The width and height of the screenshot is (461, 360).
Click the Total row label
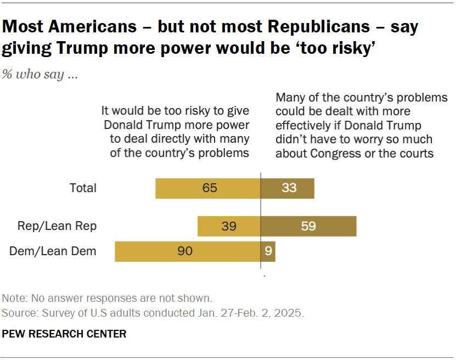pos(83,188)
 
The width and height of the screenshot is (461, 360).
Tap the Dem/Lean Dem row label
pos(53,251)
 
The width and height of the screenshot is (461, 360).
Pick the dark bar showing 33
pos(287,188)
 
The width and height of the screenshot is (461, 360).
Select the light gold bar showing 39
pos(228,226)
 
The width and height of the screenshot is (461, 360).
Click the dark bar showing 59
pos(308,226)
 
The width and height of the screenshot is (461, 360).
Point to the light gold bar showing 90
pos(187,251)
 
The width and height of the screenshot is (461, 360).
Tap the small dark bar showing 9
pos(267,251)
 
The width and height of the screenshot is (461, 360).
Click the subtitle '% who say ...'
pos(40,75)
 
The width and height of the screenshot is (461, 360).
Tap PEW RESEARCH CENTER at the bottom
pos(64,334)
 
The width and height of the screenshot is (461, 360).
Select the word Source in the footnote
pos(19,313)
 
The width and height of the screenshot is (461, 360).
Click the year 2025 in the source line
pos(291,313)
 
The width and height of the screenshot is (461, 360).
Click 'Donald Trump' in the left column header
pos(137,125)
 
